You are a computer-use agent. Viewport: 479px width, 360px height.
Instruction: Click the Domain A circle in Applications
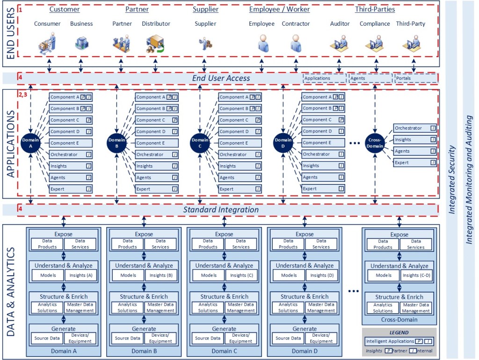pyautogui.click(x=30, y=143)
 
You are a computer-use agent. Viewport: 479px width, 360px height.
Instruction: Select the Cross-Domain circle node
pyautogui.click(x=375, y=143)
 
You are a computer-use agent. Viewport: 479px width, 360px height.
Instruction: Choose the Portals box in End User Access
pyautogui.click(x=415, y=78)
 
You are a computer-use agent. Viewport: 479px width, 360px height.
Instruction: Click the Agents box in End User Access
pyautogui.click(x=370, y=78)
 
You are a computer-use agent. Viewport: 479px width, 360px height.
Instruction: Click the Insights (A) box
pyautogui.click(x=81, y=275)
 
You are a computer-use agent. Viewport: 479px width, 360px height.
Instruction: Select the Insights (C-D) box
pyautogui.click(x=416, y=275)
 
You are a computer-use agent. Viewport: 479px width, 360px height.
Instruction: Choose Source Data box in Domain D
pyautogui.click(x=289, y=338)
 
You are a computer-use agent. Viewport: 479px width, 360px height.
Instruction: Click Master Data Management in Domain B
pyautogui.click(x=160, y=308)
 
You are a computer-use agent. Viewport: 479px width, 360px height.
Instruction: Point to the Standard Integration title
pyautogui.click(x=221, y=210)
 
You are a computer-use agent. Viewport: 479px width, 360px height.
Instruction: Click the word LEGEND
pyautogui.click(x=399, y=332)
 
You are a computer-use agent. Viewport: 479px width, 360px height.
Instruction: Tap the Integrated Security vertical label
pyautogui.click(x=452, y=180)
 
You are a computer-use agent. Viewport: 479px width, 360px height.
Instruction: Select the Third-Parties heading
pyautogui.click(x=375, y=9)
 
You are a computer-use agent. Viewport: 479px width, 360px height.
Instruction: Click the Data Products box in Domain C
pyautogui.click(x=208, y=244)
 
